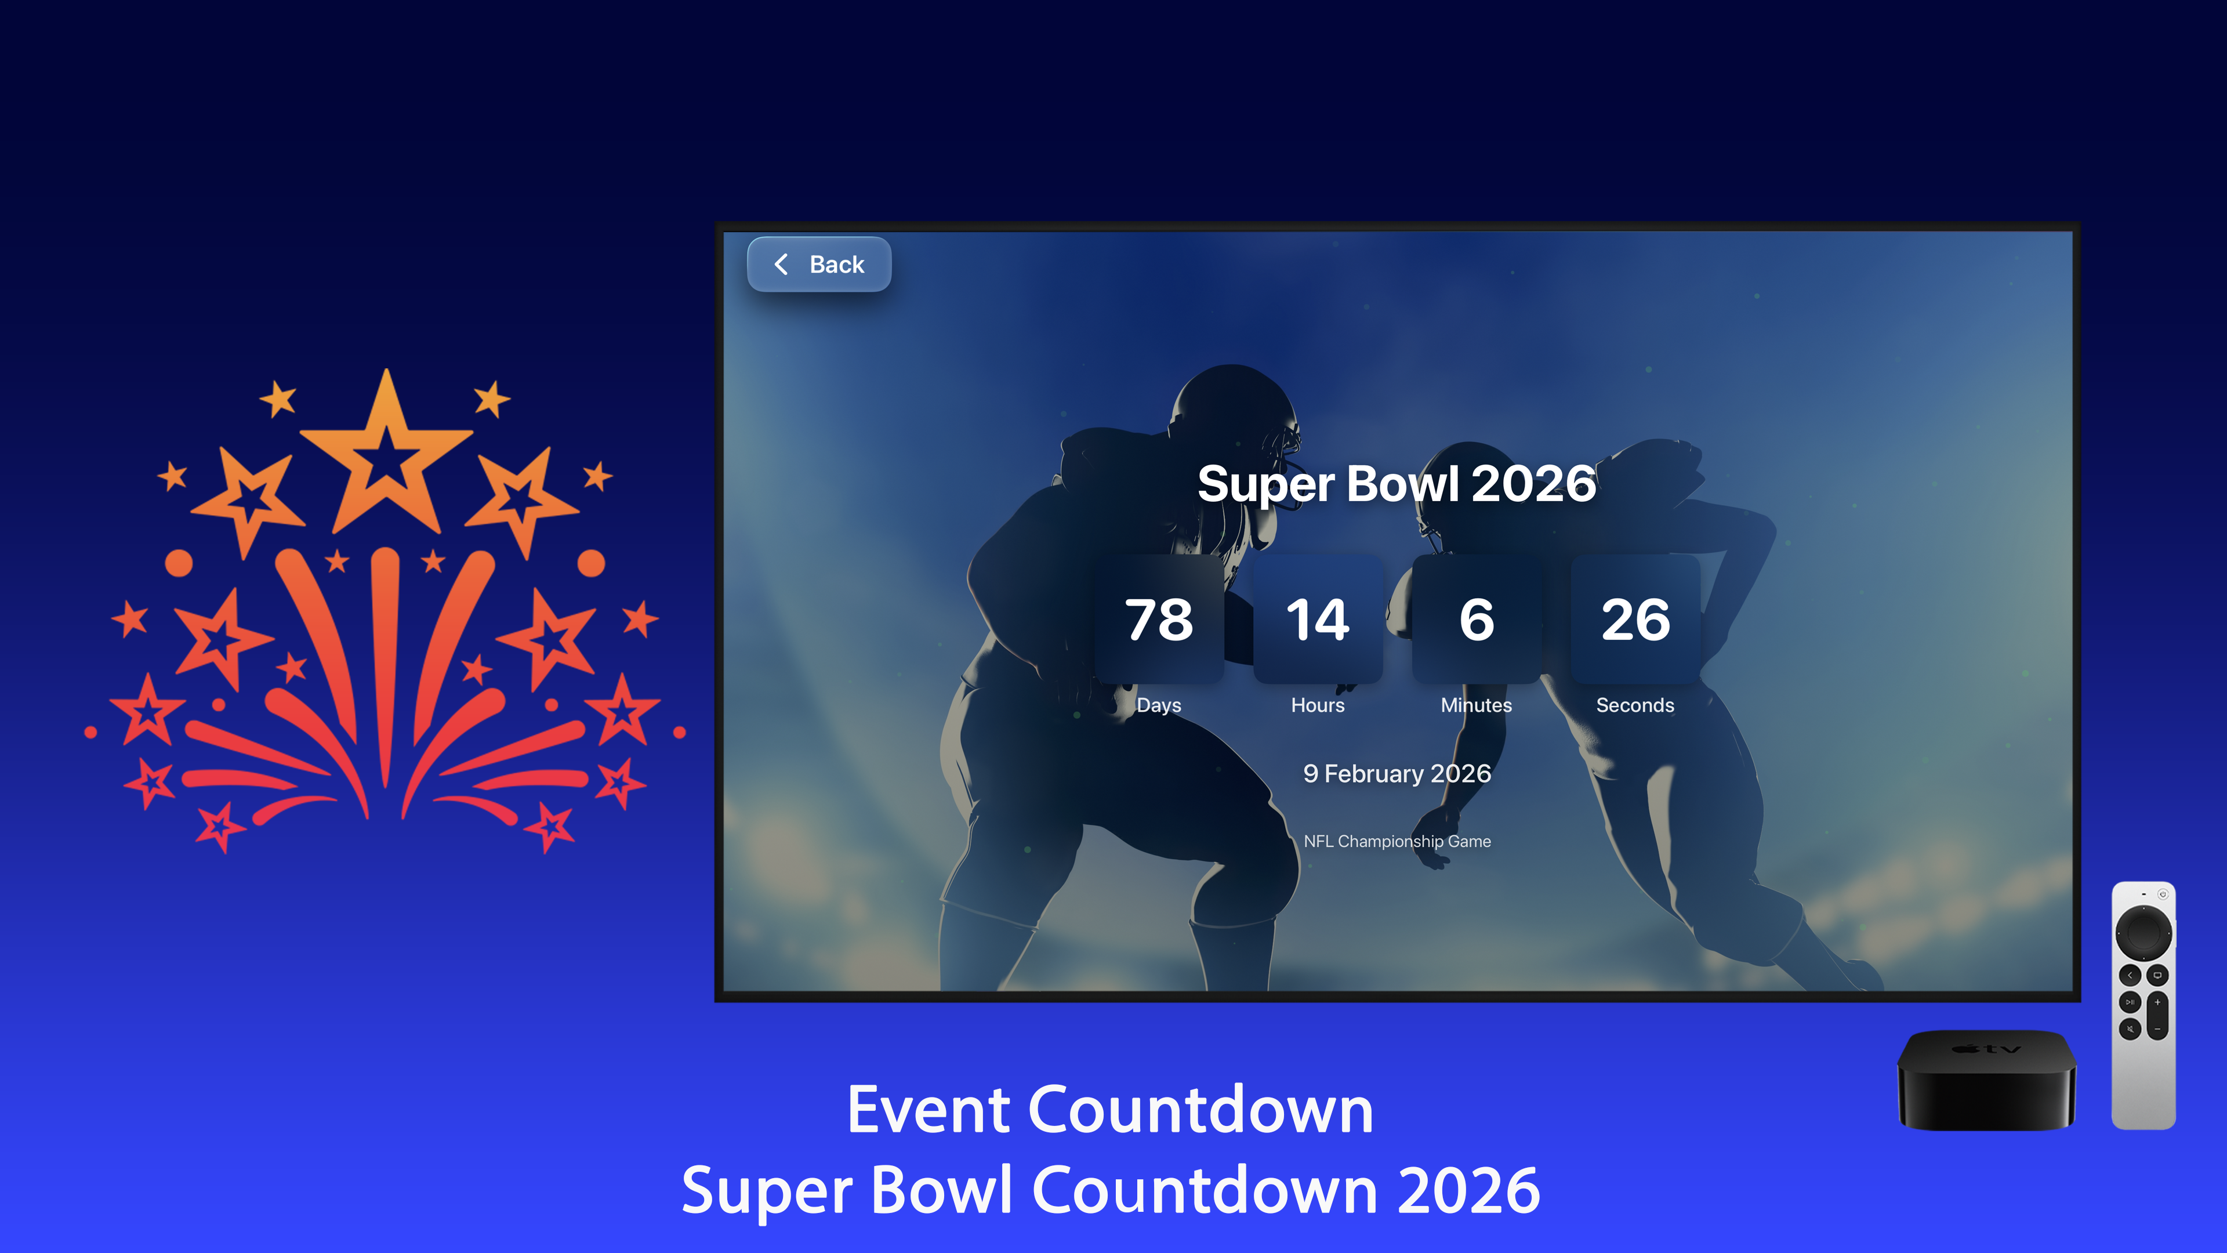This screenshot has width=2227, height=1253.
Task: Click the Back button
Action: click(819, 265)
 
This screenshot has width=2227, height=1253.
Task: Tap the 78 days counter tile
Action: click(1159, 619)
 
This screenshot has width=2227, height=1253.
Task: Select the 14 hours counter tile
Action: click(1318, 619)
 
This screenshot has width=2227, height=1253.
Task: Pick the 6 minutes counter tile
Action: click(1477, 619)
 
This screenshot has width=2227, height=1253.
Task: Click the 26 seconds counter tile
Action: click(1635, 619)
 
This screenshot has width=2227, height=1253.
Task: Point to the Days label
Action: click(1159, 705)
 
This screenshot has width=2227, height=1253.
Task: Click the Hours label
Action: click(1318, 705)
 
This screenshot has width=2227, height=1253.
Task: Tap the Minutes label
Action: click(1477, 705)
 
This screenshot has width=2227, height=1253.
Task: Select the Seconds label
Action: click(1635, 705)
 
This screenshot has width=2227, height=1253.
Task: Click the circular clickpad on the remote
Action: click(2143, 932)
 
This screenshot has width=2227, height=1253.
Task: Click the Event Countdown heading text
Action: click(1110, 1110)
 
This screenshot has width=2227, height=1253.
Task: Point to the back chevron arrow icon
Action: click(781, 265)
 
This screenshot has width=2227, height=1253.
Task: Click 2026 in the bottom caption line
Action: click(1468, 1191)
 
